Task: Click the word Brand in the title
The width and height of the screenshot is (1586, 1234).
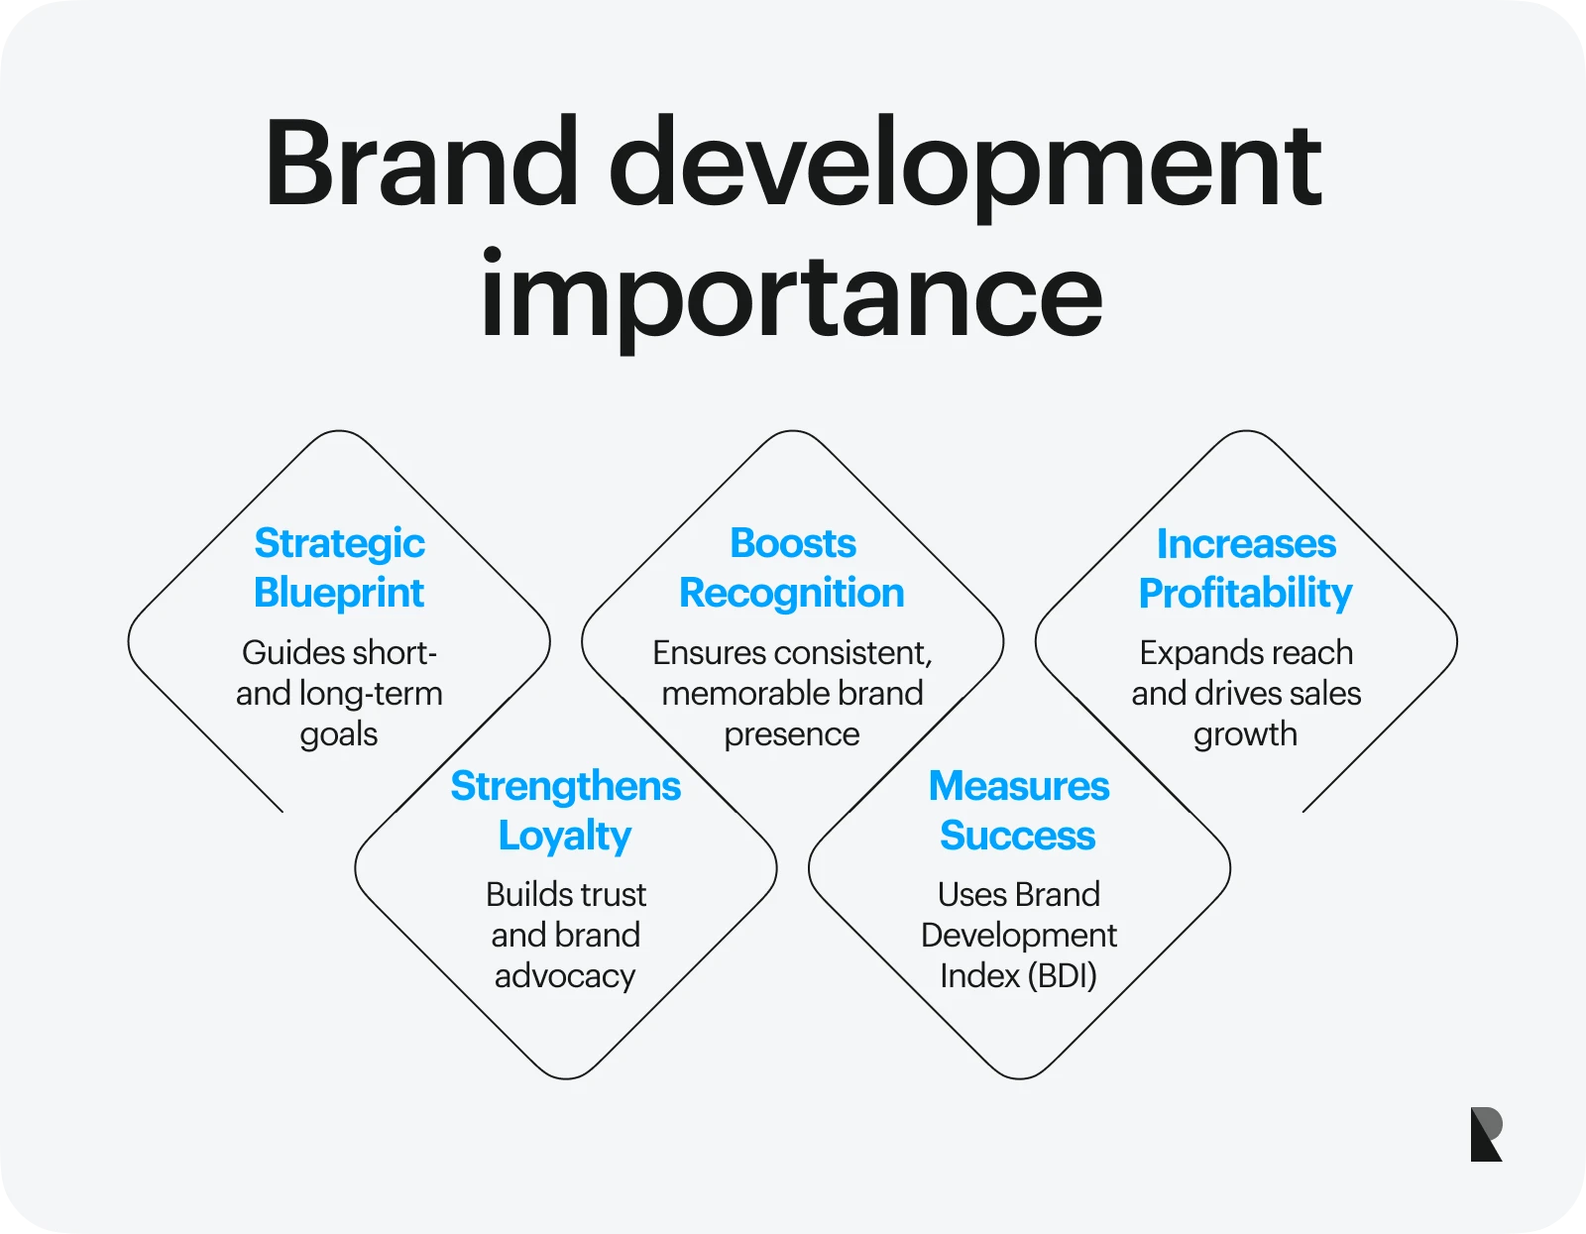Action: tap(422, 162)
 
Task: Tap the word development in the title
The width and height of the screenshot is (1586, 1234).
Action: tap(964, 168)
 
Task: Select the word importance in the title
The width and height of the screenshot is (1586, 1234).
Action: tap(792, 299)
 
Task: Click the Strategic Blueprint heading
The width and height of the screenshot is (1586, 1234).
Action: tap(339, 568)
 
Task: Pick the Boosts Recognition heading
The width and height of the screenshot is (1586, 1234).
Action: tap(792, 568)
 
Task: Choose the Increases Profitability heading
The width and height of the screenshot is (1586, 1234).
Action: tap(1246, 568)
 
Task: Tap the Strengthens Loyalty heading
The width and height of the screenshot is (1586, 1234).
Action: tap(566, 811)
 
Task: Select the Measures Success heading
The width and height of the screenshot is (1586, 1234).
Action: tap(1019, 810)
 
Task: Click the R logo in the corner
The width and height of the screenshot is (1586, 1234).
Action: tap(1486, 1134)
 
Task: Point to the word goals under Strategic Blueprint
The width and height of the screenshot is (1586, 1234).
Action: tap(339, 734)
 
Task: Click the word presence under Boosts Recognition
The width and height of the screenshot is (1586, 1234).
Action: tap(792, 734)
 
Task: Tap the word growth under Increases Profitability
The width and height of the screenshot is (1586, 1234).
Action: tap(1245, 734)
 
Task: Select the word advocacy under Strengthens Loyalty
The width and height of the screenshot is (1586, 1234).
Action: tap(565, 976)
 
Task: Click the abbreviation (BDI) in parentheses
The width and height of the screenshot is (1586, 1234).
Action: tap(1062, 976)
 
